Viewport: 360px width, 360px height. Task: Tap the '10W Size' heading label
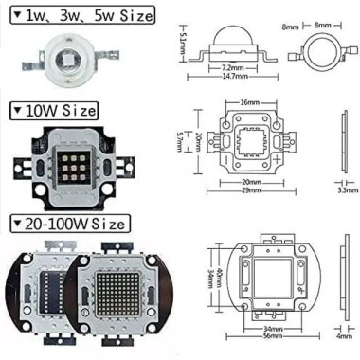click(55, 111)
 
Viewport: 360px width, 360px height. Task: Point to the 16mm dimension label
click(250, 101)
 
